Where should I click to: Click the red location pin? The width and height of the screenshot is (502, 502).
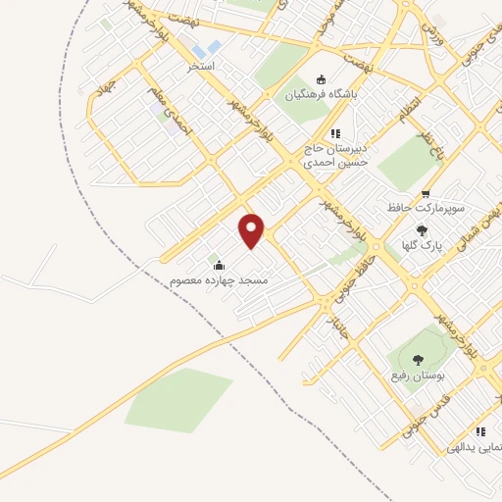pos(253,230)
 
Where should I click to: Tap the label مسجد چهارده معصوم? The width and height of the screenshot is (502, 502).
pos(220,280)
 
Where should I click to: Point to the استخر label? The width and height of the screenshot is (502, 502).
pos(201,68)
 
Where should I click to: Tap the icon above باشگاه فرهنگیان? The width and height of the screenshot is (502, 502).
pos(321,80)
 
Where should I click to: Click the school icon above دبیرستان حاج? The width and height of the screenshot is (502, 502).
pos(335,133)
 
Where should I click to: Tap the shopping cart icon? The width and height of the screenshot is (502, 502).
pos(425,194)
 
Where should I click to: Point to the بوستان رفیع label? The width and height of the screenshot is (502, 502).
pos(427,374)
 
